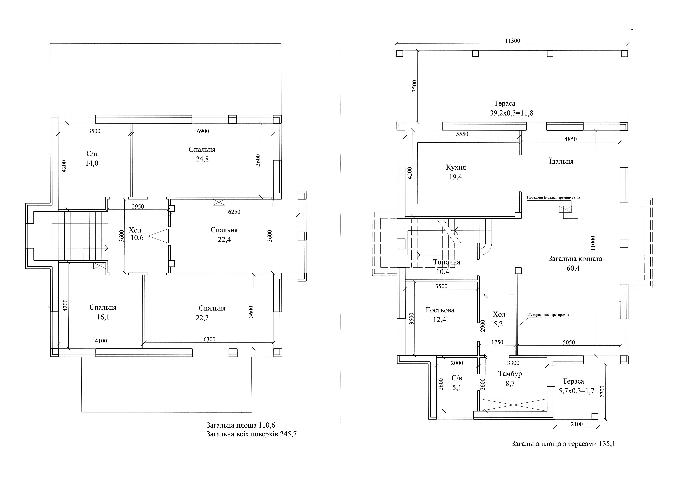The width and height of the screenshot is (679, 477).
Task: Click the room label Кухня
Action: point(456,167)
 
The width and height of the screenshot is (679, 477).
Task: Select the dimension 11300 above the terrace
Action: point(513,41)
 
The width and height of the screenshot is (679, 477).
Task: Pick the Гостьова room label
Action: point(440,310)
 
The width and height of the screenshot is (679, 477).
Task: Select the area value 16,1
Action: point(103,317)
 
